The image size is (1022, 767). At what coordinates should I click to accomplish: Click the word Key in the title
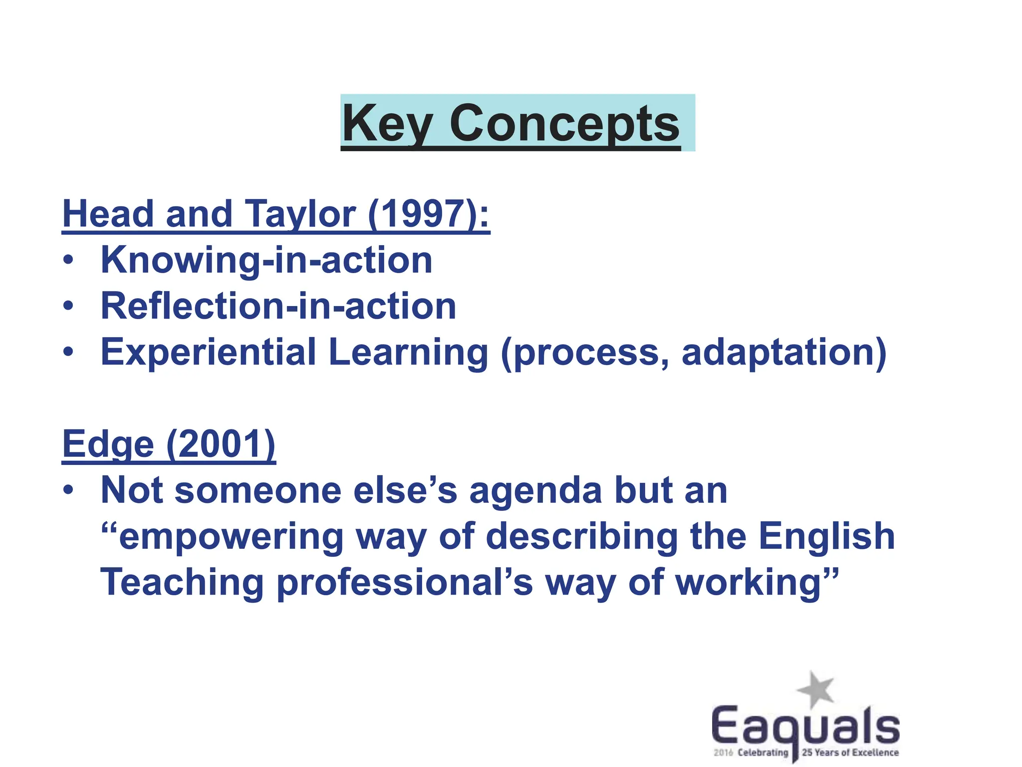[387, 123]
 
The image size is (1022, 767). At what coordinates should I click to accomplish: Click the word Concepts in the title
[564, 123]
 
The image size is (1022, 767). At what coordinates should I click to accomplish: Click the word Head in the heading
[108, 214]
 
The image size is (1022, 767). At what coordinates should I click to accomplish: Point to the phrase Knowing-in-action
[266, 260]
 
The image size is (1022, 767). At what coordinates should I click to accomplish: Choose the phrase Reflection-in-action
[278, 306]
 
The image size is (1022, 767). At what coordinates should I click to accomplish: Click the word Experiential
[208, 352]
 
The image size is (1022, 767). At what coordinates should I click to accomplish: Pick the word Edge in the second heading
[108, 444]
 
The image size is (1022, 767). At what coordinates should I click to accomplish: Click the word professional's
[405, 583]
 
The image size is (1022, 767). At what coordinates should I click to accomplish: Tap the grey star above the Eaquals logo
[815, 689]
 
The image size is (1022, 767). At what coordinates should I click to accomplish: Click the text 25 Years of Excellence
[850, 753]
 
